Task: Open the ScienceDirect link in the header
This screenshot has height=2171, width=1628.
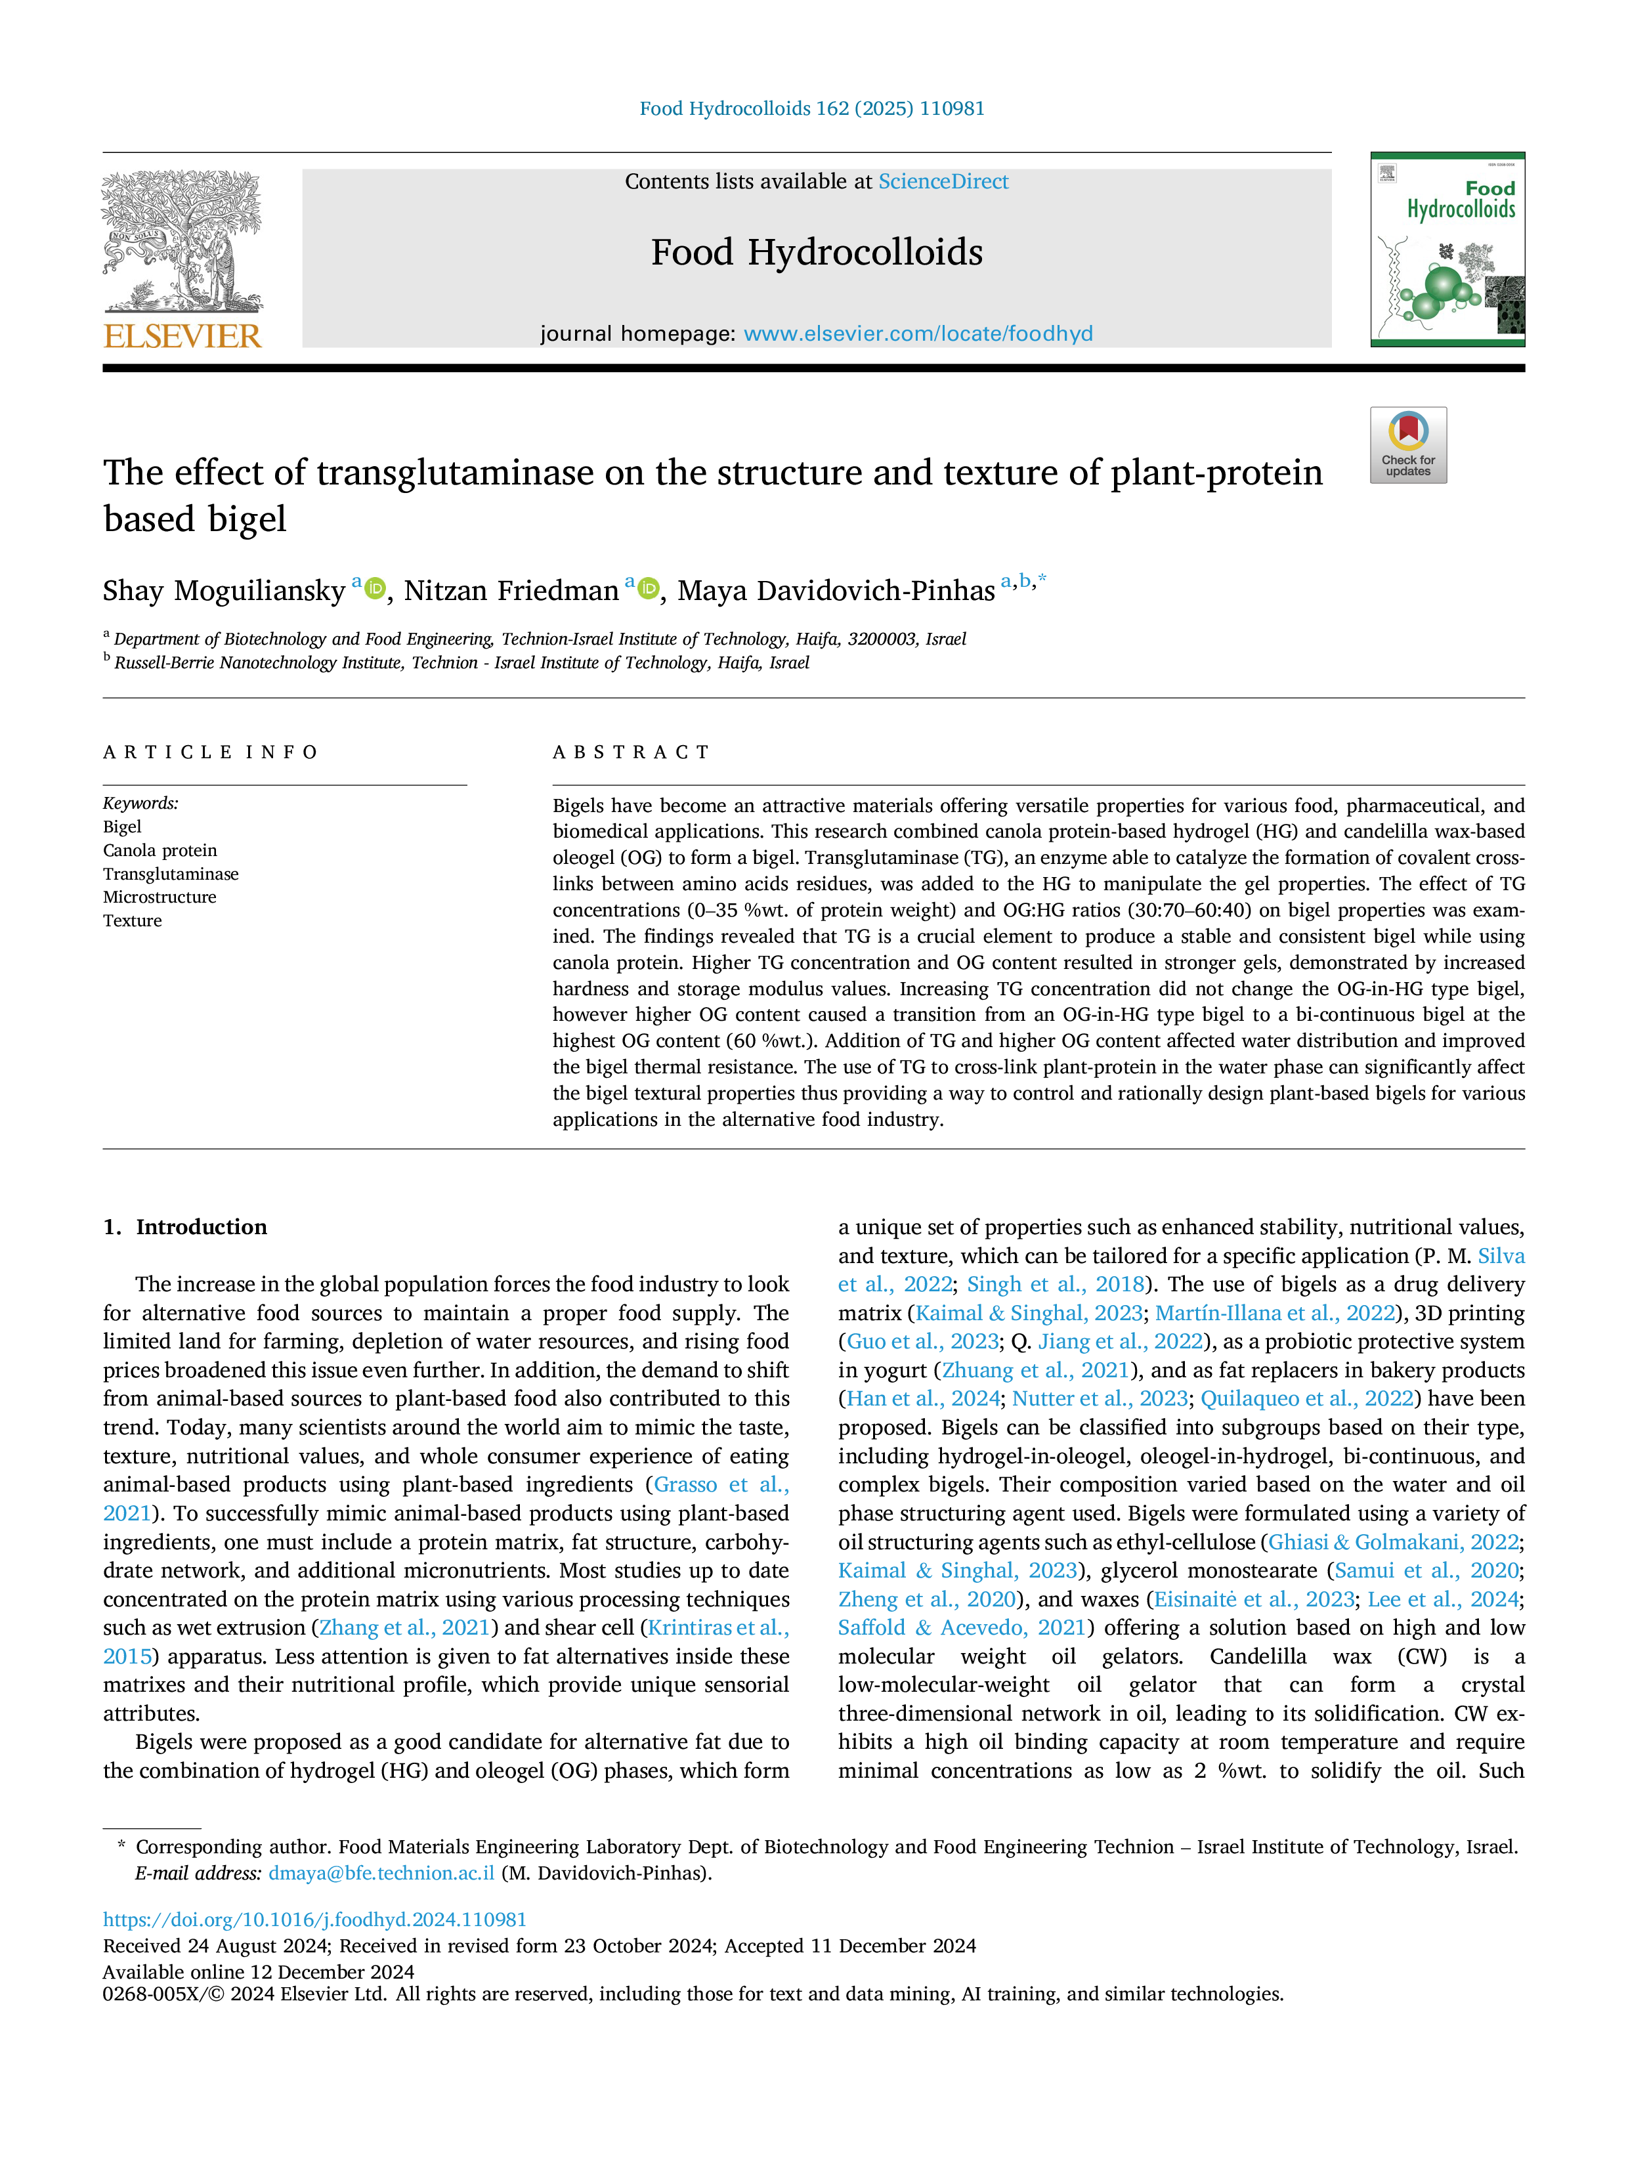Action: (x=943, y=182)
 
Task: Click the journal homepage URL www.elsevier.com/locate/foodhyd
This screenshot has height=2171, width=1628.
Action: (x=918, y=333)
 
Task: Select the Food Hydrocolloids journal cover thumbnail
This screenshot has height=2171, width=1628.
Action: (x=1447, y=249)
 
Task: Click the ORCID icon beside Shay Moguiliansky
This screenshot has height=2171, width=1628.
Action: (x=375, y=589)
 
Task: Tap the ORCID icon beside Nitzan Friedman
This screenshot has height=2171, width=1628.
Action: (x=648, y=589)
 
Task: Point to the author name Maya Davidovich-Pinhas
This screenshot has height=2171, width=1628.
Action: (x=836, y=591)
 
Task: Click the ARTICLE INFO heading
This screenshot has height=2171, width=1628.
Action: (x=211, y=753)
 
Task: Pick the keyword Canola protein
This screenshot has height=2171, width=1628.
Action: (x=160, y=850)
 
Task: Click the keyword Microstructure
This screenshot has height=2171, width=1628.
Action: (x=160, y=897)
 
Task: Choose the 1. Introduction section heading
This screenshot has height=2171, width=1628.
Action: (x=186, y=1227)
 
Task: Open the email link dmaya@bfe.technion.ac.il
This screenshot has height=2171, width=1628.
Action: (x=382, y=1873)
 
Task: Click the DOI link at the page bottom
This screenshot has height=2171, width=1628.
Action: (x=315, y=1919)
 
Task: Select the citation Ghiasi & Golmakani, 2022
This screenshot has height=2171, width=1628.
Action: (x=1394, y=1542)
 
